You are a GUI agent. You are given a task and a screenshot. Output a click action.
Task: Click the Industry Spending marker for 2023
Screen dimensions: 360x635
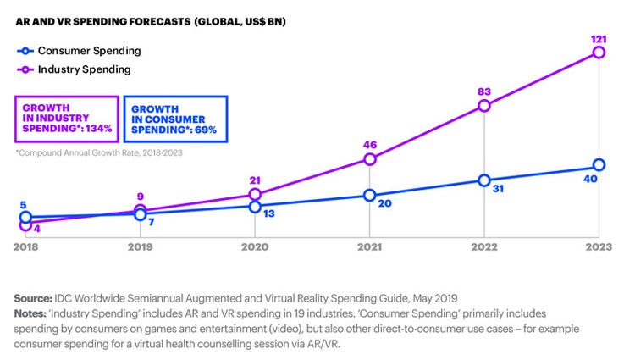[x=599, y=53]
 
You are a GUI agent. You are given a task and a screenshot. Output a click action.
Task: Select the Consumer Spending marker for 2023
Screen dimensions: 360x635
[x=599, y=164]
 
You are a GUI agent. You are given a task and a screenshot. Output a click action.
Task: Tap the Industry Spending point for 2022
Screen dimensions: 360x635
[x=483, y=106]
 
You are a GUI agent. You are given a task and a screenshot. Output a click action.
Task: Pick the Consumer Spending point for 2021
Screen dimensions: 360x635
[x=369, y=196]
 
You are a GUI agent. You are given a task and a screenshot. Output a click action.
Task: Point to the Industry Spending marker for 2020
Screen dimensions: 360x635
[x=255, y=195]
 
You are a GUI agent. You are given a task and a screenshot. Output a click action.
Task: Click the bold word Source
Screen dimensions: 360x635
[x=33, y=298]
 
